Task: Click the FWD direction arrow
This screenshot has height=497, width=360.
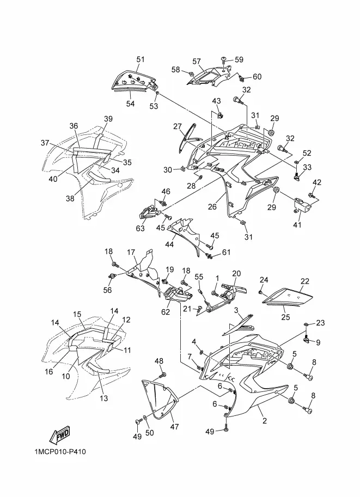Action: click(58, 435)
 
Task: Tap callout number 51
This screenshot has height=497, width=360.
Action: click(141, 59)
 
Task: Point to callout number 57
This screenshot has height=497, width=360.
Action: click(197, 62)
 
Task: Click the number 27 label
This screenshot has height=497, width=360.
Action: click(178, 127)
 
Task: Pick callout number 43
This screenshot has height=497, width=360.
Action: click(216, 101)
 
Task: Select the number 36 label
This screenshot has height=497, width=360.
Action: click(74, 126)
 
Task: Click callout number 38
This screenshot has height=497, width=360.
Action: click(70, 199)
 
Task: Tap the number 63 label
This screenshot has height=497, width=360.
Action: click(141, 228)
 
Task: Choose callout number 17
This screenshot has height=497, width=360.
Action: click(131, 252)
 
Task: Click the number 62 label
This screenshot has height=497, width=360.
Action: click(166, 312)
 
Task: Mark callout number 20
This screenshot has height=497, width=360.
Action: click(236, 274)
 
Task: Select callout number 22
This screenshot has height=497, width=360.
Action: click(304, 281)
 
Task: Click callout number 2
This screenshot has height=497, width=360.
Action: click(265, 421)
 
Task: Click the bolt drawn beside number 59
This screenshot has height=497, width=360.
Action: click(224, 59)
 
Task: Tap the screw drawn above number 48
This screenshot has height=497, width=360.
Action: click(162, 376)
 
